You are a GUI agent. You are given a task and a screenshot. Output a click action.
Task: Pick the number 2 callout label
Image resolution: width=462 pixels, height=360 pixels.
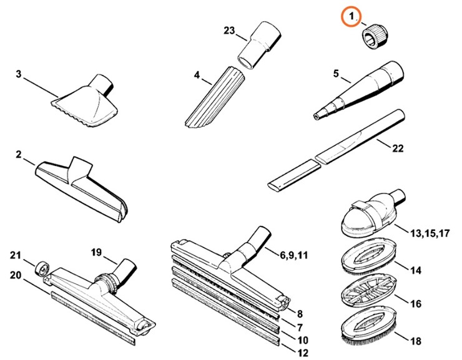pos(19,154)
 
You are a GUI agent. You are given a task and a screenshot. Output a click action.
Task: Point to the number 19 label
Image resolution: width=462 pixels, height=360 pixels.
pos(96,253)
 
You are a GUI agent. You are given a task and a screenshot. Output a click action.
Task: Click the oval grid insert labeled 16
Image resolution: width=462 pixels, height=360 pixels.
pos(367,293)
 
